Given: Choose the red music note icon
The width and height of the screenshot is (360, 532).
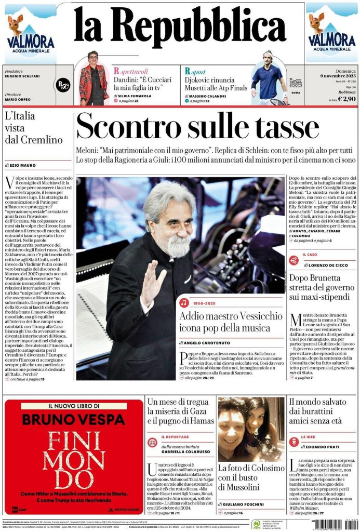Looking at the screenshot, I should pyautogui.click(x=184, y=302).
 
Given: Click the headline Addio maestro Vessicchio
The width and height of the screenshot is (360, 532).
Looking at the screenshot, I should pyautogui.click(x=223, y=322).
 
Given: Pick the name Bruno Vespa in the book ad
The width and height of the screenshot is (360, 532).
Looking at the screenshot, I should pyautogui.click(x=73, y=419).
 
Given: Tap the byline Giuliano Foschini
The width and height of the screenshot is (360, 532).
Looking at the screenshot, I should pyautogui.click(x=244, y=504).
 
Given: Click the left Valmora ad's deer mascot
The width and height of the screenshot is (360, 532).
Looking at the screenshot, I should pyautogui.click(x=16, y=24).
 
